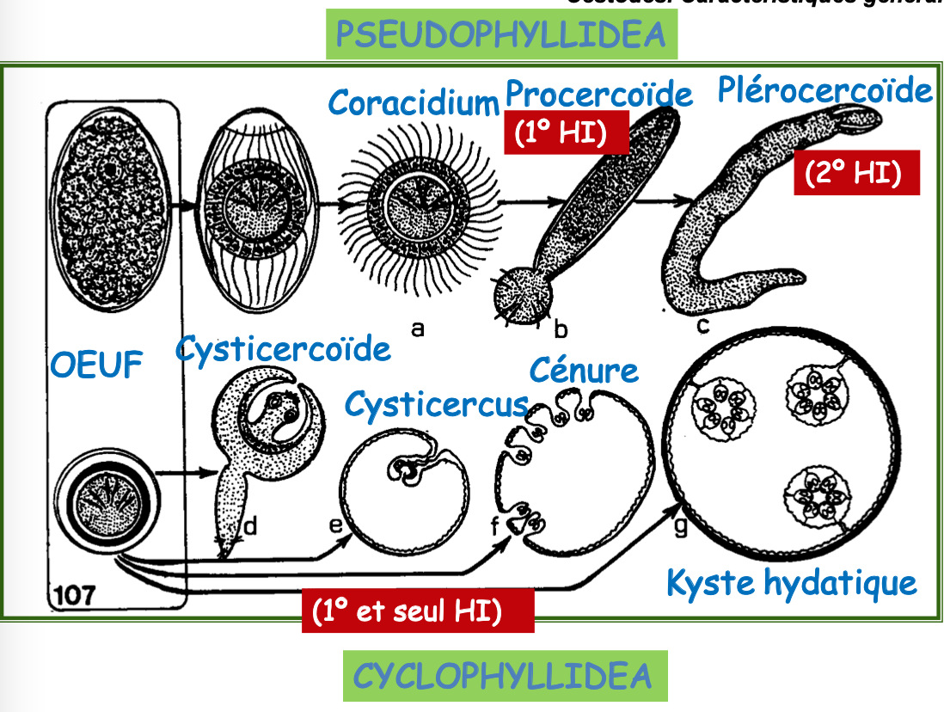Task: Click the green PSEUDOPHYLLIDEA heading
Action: point(501,34)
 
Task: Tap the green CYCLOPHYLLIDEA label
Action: point(504,676)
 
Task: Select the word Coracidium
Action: point(414,103)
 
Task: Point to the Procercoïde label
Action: point(598,93)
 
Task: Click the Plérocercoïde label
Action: point(824,90)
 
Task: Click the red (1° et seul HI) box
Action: point(418,611)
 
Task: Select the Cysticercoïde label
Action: point(283,349)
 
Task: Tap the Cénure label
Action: point(585,370)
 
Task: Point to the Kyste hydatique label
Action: point(791,583)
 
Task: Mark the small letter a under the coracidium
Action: point(418,328)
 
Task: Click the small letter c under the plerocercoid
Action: point(703,326)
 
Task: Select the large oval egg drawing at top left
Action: point(109,206)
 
